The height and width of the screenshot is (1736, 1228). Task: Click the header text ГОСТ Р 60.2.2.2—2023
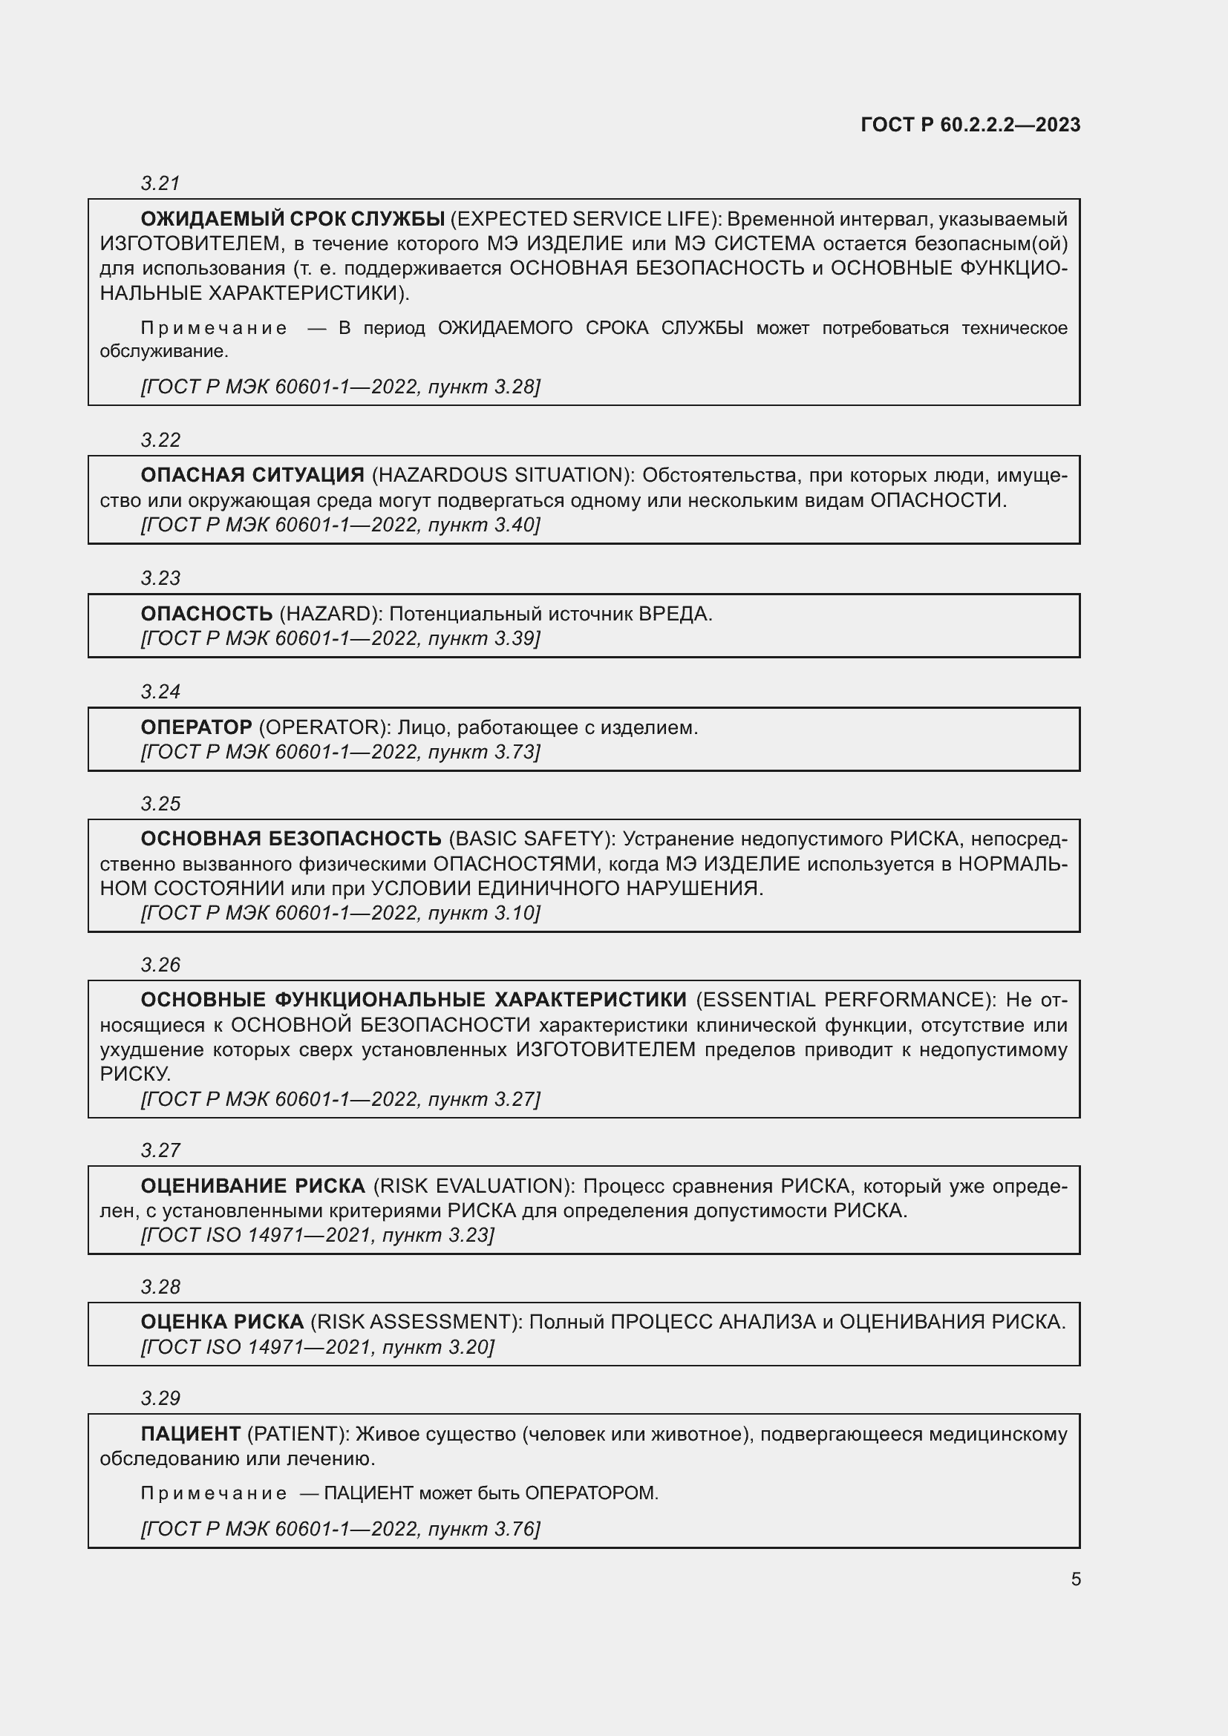[970, 125]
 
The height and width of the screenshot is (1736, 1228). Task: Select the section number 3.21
[160, 183]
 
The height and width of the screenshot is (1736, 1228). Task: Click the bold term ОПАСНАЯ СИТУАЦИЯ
[252, 475]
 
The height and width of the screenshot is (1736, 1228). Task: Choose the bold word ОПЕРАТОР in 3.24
[197, 727]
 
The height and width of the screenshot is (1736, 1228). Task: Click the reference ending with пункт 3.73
[340, 752]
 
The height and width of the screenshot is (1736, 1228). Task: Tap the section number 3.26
[160, 965]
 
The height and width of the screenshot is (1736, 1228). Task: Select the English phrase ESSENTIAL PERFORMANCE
[845, 1000]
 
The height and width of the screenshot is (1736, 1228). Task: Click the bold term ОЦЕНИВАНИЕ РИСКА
[252, 1185]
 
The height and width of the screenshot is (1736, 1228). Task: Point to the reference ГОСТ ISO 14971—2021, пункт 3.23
[318, 1235]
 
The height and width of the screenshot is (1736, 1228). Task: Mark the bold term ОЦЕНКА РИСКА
[222, 1322]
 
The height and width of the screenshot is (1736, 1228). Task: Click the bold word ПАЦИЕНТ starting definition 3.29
[191, 1434]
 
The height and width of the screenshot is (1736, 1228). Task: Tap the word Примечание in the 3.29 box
[214, 1493]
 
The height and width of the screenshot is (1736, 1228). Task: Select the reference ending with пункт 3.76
[340, 1529]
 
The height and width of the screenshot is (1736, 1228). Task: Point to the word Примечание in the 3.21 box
[214, 328]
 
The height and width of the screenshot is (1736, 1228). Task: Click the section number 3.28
[160, 1287]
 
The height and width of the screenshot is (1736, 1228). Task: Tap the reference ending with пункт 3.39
[340, 638]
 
